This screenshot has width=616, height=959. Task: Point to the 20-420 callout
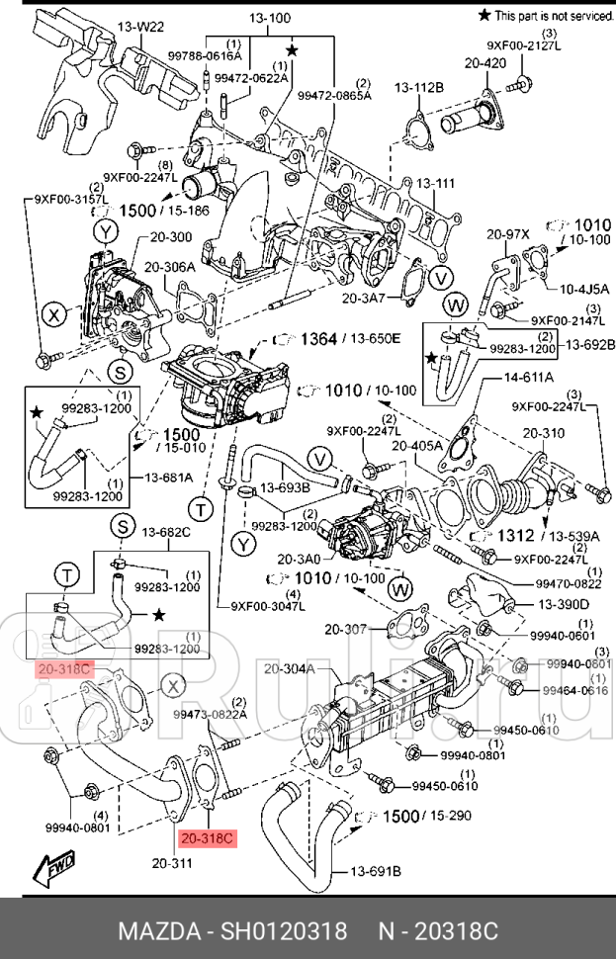(x=485, y=63)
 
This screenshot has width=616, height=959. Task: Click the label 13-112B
(x=418, y=88)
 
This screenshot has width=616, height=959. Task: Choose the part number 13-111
(x=434, y=183)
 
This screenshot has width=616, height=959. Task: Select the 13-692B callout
(x=589, y=345)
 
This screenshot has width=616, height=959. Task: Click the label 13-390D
(x=564, y=604)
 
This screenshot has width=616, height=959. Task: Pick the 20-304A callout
(x=289, y=669)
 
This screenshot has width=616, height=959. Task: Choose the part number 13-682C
(x=166, y=533)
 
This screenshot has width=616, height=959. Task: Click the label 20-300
(x=171, y=237)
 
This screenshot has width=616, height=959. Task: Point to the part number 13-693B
(x=285, y=488)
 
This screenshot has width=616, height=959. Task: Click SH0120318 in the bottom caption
(x=283, y=932)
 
